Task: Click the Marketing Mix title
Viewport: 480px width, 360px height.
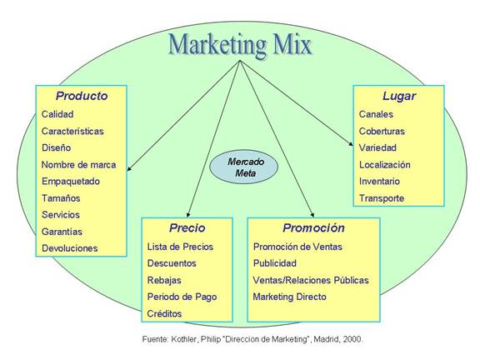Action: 240,45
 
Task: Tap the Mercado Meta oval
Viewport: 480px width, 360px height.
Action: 243,167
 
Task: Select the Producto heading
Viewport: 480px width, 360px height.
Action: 82,96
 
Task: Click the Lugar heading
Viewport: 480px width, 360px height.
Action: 399,97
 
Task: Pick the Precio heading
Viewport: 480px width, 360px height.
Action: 187,227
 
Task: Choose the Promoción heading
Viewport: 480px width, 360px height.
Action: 314,227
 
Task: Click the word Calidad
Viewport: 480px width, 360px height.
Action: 57,114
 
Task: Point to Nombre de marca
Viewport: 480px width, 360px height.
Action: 78,165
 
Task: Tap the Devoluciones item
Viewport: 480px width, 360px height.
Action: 70,248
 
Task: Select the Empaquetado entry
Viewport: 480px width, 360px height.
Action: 71,182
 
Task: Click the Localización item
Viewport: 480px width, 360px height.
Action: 384,165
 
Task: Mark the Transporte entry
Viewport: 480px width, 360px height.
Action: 382,198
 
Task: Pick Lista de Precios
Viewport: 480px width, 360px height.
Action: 180,247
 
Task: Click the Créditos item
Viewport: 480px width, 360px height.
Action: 164,313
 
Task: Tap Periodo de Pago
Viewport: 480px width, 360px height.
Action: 182,297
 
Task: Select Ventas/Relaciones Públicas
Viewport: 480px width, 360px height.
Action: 311,280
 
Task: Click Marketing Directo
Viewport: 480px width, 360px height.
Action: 290,297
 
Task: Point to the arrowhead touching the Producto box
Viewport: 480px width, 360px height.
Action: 129,168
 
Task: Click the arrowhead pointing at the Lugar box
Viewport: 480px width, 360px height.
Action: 351,143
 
